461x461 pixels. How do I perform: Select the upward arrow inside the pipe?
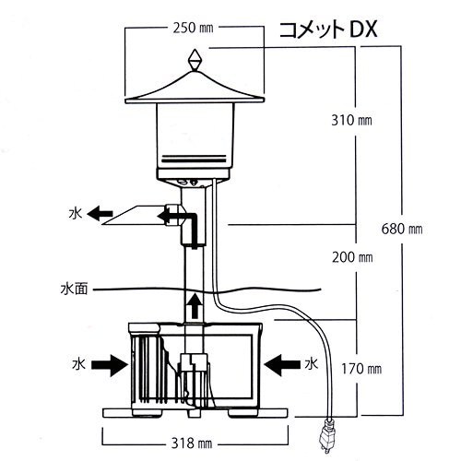(x=193, y=304)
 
